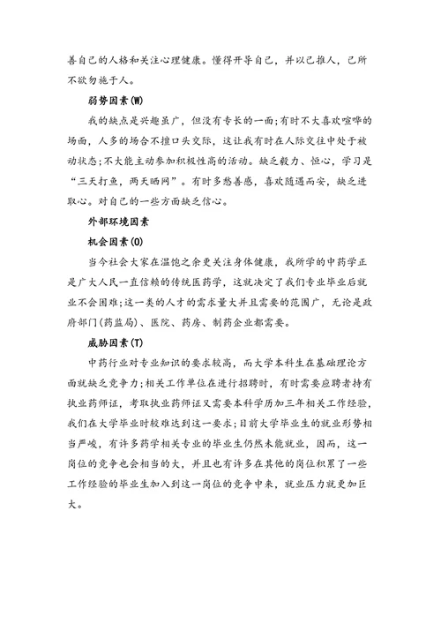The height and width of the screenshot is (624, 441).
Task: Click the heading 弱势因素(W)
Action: point(108,99)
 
